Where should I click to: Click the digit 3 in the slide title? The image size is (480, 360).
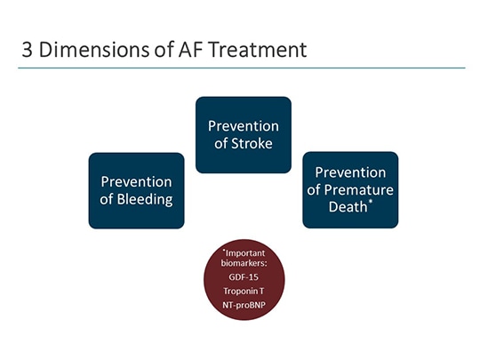pyautogui.click(x=28, y=50)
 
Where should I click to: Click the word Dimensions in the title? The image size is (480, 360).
pyautogui.click(x=88, y=50)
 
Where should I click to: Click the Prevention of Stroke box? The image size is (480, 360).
pyautogui.click(x=243, y=134)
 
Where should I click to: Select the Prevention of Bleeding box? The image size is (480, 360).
pyautogui.click(x=136, y=190)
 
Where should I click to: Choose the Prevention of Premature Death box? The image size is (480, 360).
pyautogui.click(x=350, y=189)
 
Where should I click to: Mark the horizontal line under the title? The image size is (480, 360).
pyautogui.click(x=240, y=68)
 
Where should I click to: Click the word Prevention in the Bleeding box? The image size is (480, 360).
pyautogui.click(x=136, y=180)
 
